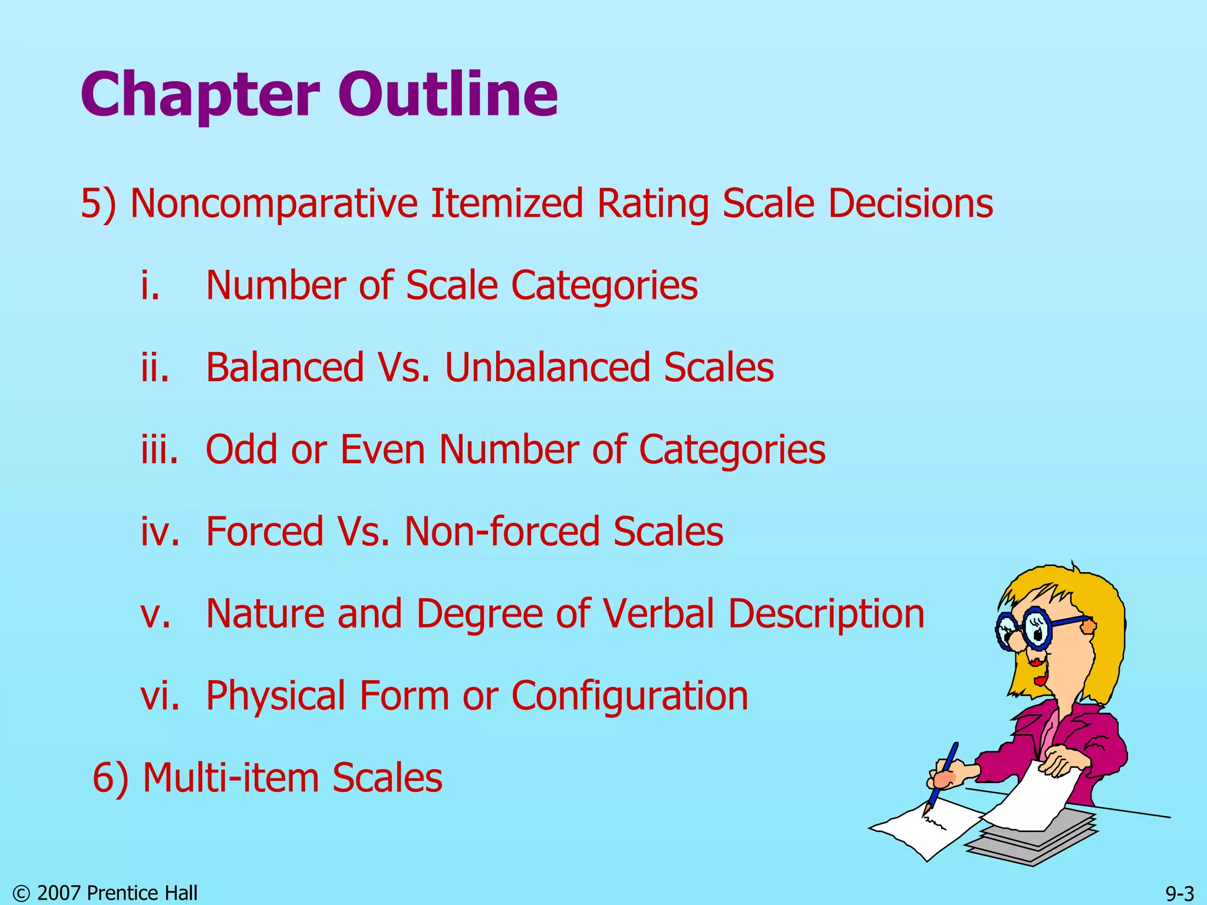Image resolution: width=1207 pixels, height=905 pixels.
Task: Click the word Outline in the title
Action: [447, 94]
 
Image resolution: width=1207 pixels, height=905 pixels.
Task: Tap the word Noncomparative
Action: [274, 204]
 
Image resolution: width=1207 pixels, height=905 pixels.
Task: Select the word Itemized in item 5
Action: [507, 204]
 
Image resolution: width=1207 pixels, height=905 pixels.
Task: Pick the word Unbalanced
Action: [549, 368]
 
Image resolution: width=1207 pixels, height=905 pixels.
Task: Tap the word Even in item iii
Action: [382, 450]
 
